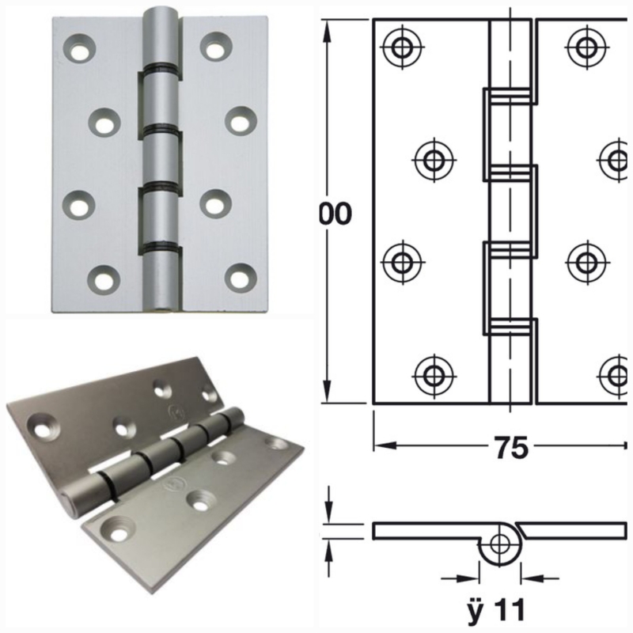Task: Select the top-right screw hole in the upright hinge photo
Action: (214, 46)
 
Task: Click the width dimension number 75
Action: (511, 448)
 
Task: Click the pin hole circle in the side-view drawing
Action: (499, 544)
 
